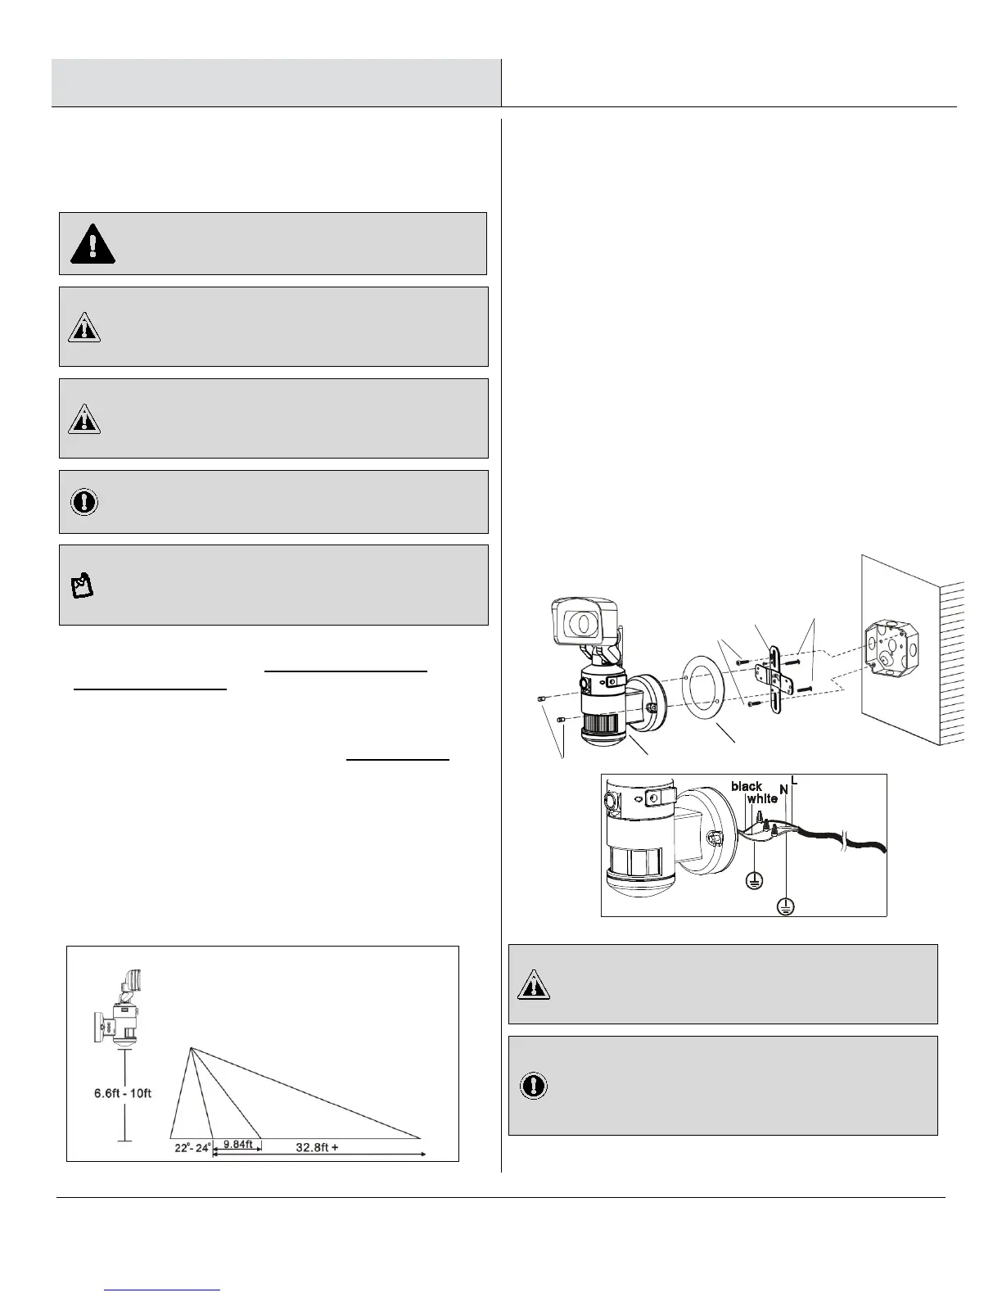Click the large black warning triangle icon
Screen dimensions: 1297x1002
tap(93, 243)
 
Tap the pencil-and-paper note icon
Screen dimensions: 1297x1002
tap(83, 585)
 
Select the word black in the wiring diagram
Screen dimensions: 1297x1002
tap(747, 786)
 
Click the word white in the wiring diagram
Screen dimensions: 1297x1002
tap(762, 798)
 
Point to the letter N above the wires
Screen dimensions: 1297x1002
tap(783, 790)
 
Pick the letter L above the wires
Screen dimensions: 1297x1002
tap(794, 781)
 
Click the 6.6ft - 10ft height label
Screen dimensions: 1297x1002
tap(124, 1093)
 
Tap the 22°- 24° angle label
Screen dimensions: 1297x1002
tap(192, 1147)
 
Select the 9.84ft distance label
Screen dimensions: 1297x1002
tap(237, 1144)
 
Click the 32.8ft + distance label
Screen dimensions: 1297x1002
tap(317, 1147)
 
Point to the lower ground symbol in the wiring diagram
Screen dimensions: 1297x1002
tap(785, 906)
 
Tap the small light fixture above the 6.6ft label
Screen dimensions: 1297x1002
tap(119, 1010)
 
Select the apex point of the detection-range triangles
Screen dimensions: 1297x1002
tap(190, 1047)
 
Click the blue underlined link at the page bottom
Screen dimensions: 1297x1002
tap(163, 1290)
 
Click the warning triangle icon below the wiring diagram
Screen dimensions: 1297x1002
tap(533, 985)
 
